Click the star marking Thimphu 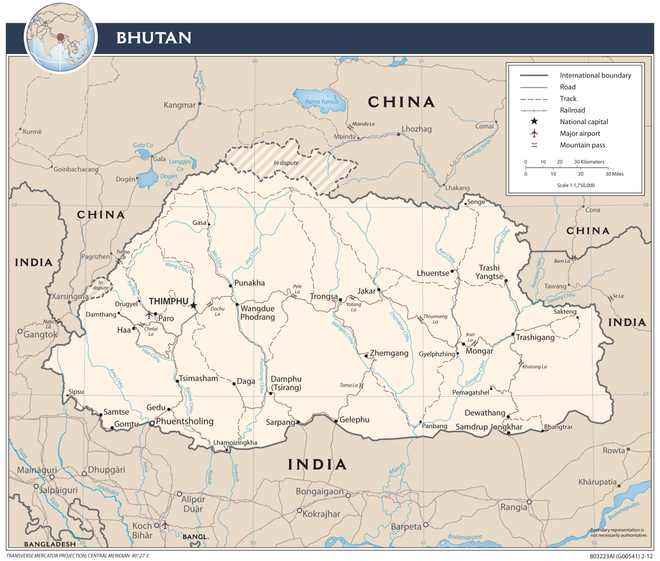click(x=193, y=305)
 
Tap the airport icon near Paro click(x=149, y=315)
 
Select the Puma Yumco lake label click(x=321, y=101)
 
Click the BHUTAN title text click(x=154, y=38)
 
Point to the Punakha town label click(x=249, y=283)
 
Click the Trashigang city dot click(x=513, y=334)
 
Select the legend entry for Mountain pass click(x=582, y=145)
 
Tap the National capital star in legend click(x=534, y=121)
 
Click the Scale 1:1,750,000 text click(x=575, y=185)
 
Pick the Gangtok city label click(x=40, y=334)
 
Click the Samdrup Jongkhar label click(x=489, y=427)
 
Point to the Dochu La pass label click(x=217, y=311)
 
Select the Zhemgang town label click(x=389, y=353)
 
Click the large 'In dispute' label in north click(x=286, y=163)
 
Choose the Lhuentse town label click(x=433, y=273)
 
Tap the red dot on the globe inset click(x=60, y=37)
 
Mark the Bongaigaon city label click(x=319, y=491)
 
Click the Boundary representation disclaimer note click(x=618, y=532)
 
